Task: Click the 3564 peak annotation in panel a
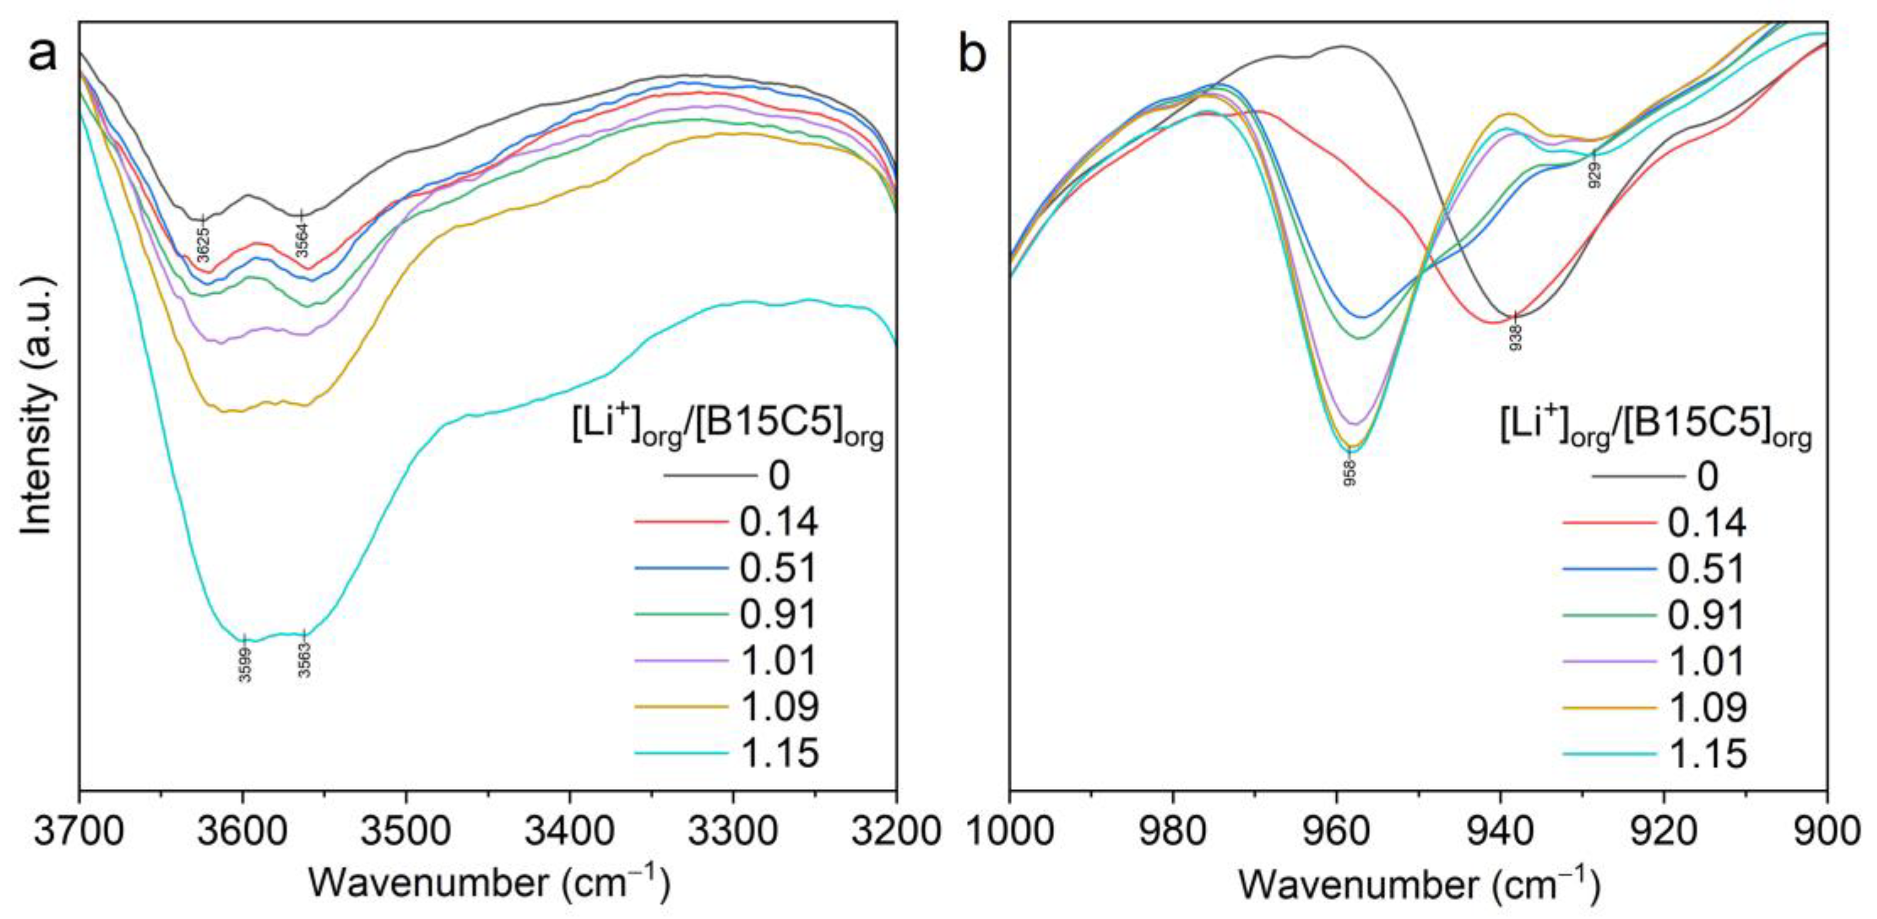(x=302, y=240)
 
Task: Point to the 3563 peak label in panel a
(x=305, y=660)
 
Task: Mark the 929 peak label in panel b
(x=1595, y=175)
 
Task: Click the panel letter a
(x=42, y=55)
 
